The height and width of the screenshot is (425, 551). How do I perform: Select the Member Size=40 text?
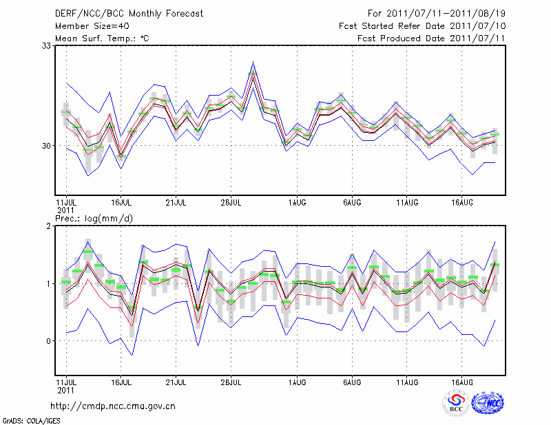(87, 25)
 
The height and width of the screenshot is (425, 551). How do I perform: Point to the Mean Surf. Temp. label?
(102, 39)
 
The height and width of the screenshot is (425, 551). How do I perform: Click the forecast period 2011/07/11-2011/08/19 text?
(437, 13)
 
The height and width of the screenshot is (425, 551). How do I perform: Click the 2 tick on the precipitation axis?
(49, 226)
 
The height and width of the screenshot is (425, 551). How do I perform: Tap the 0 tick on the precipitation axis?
(49, 341)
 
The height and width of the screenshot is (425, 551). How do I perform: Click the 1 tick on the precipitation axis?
(49, 283)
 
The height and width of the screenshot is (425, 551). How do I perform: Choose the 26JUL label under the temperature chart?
(231, 203)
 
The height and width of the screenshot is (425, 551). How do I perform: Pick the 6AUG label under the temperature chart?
(352, 203)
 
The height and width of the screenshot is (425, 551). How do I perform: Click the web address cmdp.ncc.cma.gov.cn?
(113, 406)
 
